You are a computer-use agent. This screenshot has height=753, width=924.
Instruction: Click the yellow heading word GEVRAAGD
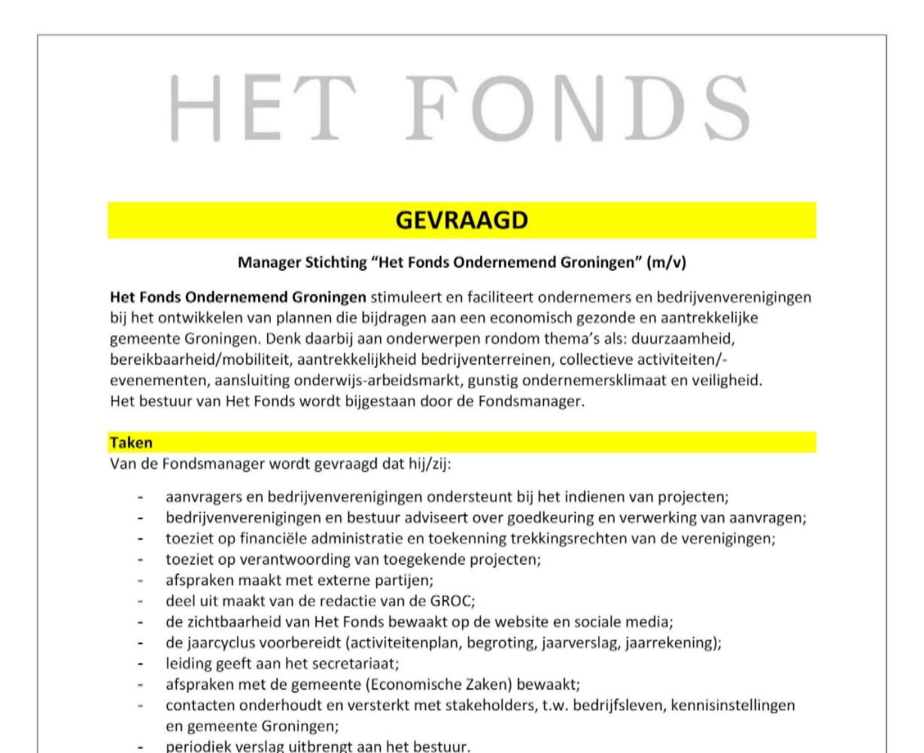coord(461,220)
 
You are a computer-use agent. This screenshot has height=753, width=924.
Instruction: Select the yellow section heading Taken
coord(131,444)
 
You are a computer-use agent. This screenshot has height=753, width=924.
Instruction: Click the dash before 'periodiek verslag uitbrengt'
coord(140,748)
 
